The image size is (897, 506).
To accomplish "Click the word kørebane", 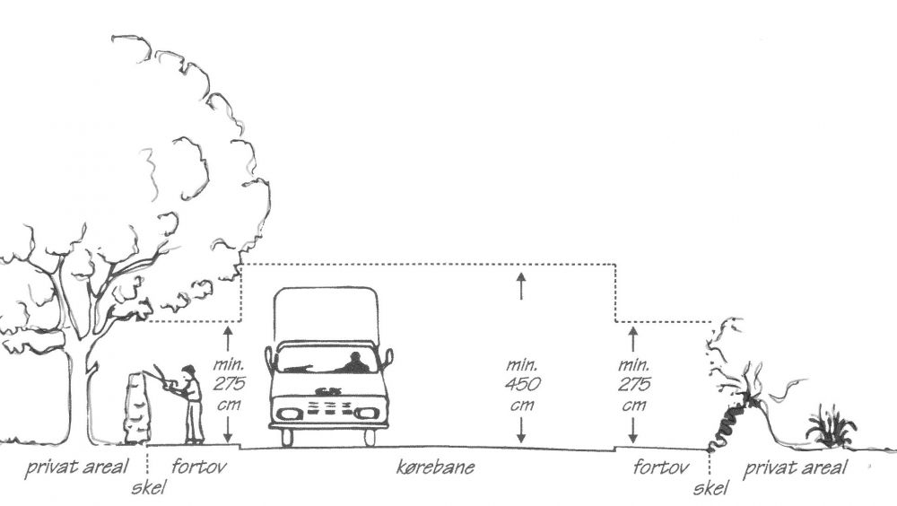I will click(x=435, y=468).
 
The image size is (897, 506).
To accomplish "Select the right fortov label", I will click(x=660, y=467).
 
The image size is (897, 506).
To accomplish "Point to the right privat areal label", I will click(x=796, y=467).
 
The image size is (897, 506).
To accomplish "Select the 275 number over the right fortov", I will click(x=633, y=385).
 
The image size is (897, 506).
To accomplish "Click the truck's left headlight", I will click(x=289, y=414).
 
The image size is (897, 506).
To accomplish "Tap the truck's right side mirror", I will click(x=388, y=358).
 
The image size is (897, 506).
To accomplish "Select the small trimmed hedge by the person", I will click(x=137, y=408).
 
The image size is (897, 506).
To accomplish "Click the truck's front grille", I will click(x=327, y=409).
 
